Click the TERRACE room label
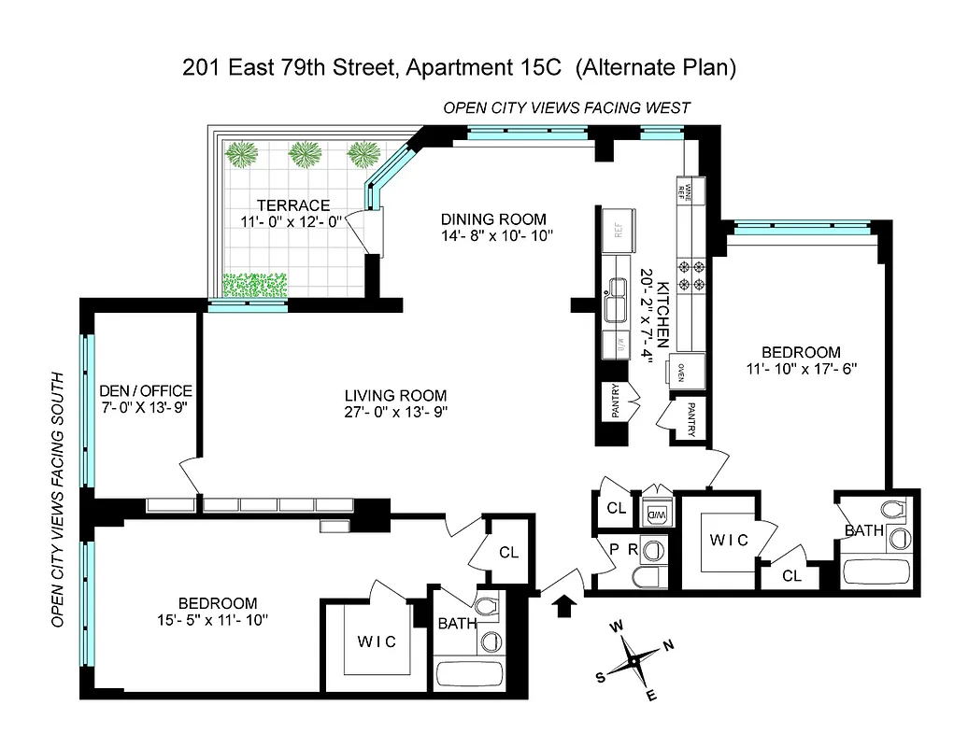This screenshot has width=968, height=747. pyautogui.click(x=293, y=205)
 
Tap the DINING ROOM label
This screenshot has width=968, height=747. pyautogui.click(x=493, y=219)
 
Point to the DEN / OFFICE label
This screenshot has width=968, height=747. pyautogui.click(x=145, y=390)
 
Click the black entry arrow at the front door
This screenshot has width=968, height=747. pyautogui.click(x=563, y=607)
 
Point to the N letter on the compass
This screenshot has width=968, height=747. pyautogui.click(x=667, y=645)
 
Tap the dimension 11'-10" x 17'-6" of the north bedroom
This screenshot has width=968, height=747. pyautogui.click(x=801, y=368)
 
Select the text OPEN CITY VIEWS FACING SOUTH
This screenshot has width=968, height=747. pyautogui.click(x=58, y=500)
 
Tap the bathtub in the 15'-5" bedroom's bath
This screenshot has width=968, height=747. pyautogui.click(x=470, y=674)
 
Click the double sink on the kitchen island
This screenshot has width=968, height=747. pyautogui.click(x=616, y=301)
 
